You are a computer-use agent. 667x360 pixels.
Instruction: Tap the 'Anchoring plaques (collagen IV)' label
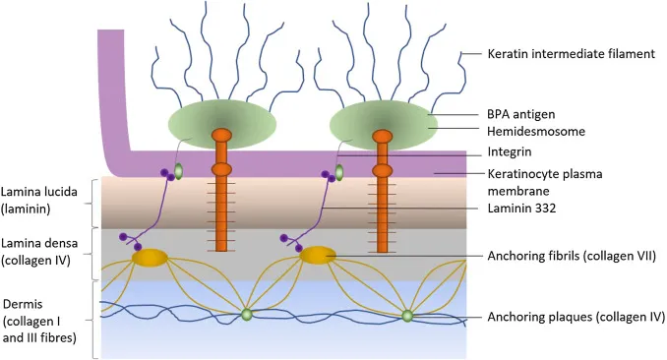575,318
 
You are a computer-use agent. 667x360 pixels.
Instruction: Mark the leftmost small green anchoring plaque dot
246,315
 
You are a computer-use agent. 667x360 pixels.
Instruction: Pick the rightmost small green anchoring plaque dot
406,316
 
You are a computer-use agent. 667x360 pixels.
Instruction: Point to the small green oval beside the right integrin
339,173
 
